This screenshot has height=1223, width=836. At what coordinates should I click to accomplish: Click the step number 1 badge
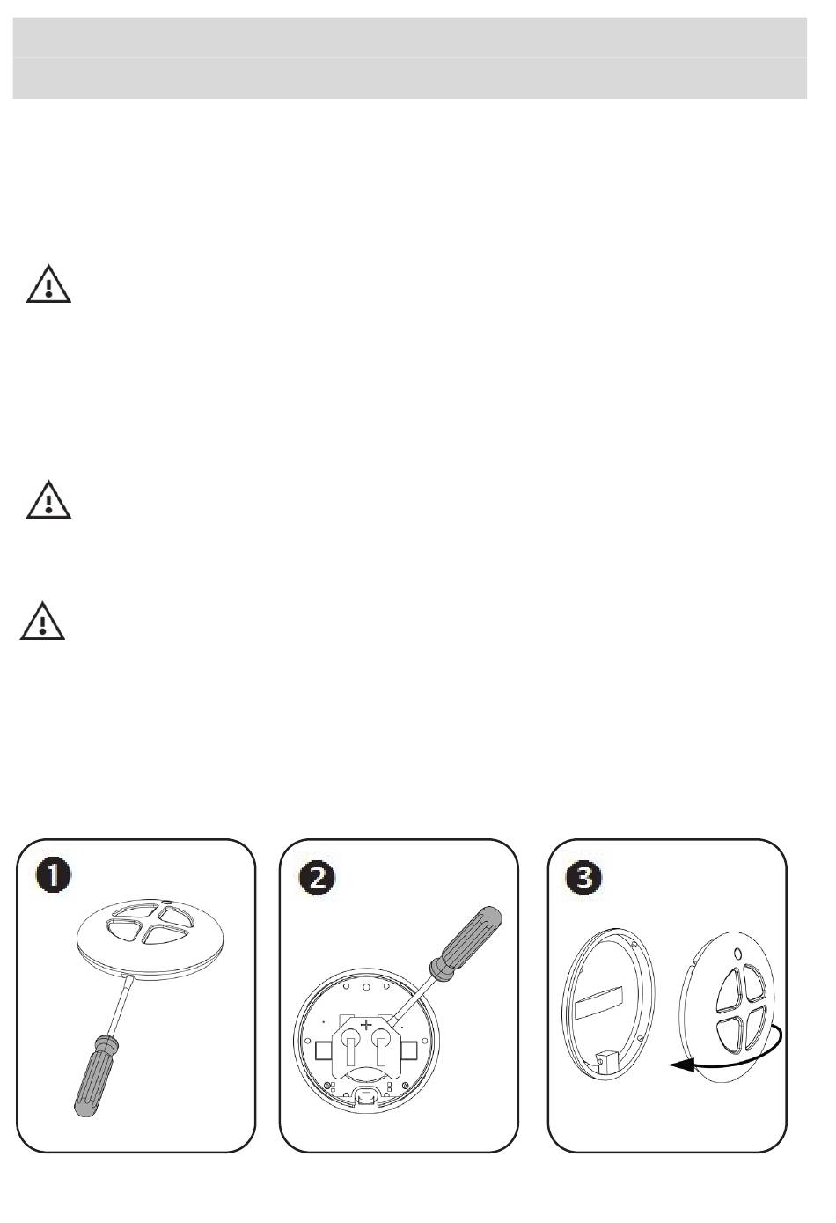tap(54, 876)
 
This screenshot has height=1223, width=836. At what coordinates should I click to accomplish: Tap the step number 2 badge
tap(317, 877)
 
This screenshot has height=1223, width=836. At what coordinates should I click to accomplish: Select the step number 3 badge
tap(584, 877)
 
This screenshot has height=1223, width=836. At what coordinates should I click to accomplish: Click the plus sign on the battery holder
tap(365, 1025)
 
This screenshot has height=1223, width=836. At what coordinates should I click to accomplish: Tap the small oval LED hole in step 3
tap(737, 954)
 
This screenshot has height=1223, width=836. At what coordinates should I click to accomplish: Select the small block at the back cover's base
tap(607, 1062)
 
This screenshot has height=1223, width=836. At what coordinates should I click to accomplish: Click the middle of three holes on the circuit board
tap(366, 986)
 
